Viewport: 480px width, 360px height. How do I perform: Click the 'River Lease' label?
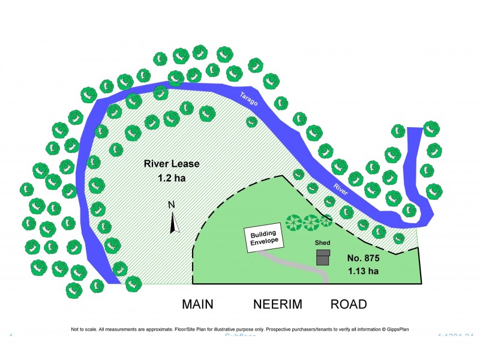click(x=171, y=164)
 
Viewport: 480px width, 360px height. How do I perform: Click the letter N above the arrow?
click(x=171, y=205)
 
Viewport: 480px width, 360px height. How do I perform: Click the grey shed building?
click(x=323, y=258)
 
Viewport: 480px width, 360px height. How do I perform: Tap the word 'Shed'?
click(x=323, y=243)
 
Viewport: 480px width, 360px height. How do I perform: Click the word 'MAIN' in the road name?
click(x=197, y=304)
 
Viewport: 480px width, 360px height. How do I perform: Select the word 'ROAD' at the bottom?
click(x=349, y=304)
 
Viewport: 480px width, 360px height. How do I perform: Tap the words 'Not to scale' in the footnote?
click(x=84, y=329)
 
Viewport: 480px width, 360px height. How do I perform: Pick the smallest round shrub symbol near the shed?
click(x=326, y=220)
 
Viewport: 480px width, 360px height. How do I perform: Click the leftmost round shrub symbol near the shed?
click(x=294, y=223)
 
